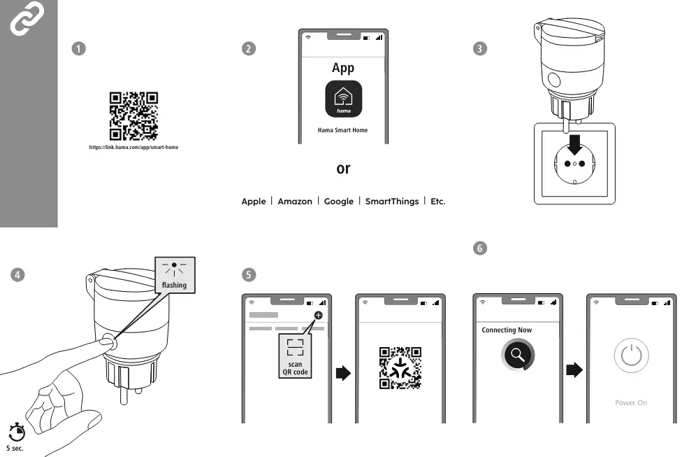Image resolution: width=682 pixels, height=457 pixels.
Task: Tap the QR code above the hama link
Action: [133, 116]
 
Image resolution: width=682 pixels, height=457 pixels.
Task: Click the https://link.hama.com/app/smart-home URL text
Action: [133, 147]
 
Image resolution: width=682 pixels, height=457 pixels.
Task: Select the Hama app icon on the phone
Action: [343, 99]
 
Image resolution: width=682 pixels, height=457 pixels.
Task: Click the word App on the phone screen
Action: [343, 68]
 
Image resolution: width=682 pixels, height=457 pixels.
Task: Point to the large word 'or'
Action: [343, 169]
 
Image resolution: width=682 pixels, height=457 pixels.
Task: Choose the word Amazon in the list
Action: [295, 202]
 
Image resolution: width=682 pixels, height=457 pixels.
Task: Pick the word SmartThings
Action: [392, 202]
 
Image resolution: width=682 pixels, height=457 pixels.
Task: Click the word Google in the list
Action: [339, 202]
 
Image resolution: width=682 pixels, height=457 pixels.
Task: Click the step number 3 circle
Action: [479, 48]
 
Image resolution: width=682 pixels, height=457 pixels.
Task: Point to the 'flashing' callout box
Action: [174, 275]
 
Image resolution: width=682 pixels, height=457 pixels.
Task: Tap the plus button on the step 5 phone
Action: [319, 316]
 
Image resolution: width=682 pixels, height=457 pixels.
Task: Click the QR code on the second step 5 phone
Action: [400, 367]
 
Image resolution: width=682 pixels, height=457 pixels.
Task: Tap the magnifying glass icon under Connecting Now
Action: [518, 356]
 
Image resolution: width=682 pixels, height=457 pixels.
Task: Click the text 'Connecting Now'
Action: [507, 330]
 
